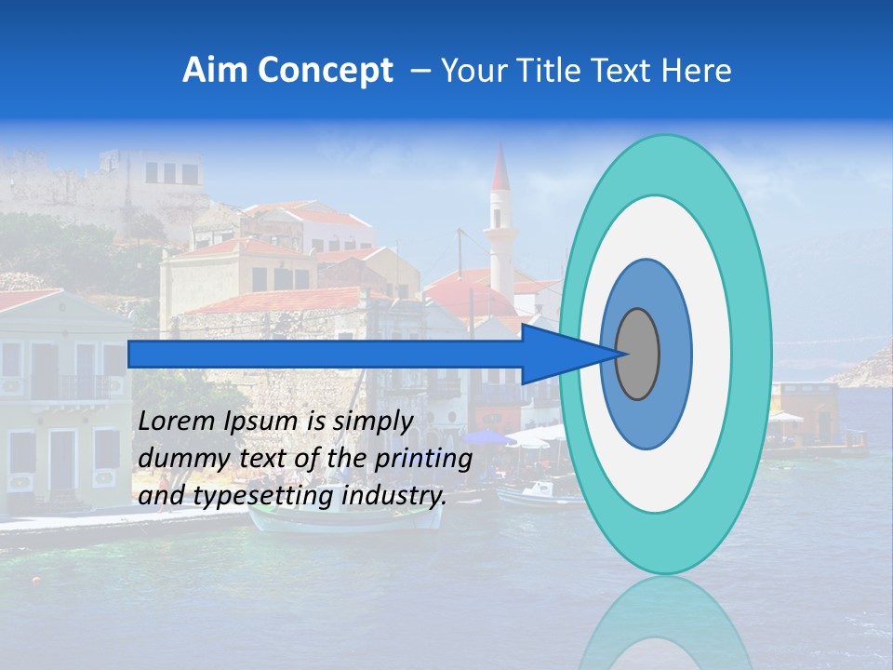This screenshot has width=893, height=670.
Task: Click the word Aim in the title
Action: click(x=215, y=71)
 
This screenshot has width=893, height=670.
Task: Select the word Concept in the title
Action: click(x=325, y=71)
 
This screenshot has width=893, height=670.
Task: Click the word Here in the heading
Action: click(x=698, y=71)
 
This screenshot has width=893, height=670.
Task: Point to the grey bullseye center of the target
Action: click(x=638, y=354)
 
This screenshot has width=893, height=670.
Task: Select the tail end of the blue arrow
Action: click(x=131, y=354)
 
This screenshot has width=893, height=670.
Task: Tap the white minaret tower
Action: click(x=501, y=242)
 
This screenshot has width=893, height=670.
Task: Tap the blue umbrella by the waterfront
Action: click(x=488, y=437)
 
